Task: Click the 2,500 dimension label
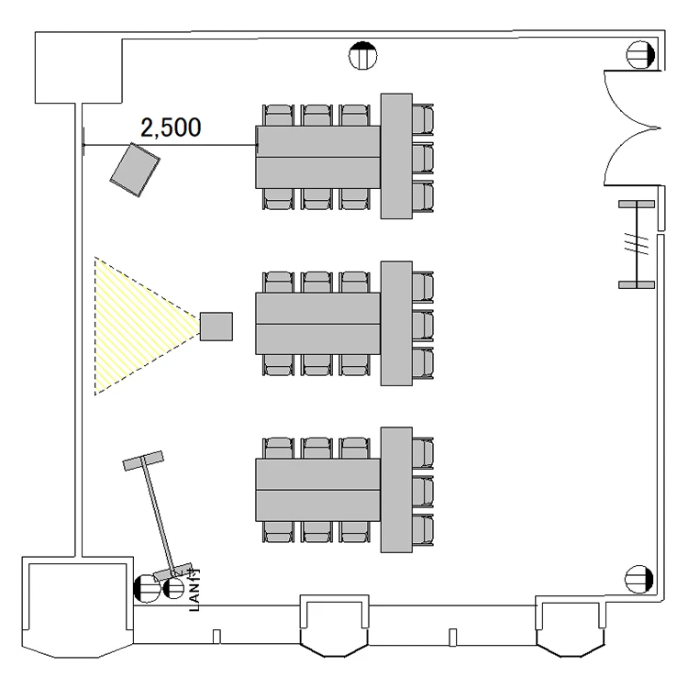pos(170,128)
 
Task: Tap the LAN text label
pos(194,590)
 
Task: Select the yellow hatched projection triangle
pos(138,326)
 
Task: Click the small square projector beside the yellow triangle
pos(216,326)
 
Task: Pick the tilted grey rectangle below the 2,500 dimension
pos(135,172)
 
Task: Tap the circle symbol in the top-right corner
pos(639,55)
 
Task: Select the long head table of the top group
pos(395,156)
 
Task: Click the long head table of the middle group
pos(395,324)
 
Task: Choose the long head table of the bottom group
pos(395,491)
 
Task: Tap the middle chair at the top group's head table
pos(422,157)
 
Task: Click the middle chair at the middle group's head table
pos(422,325)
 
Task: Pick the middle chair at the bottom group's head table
pos(422,491)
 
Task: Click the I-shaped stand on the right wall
pos(636,244)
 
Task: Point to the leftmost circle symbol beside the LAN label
pos(146,586)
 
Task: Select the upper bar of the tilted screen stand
pos(143,460)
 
